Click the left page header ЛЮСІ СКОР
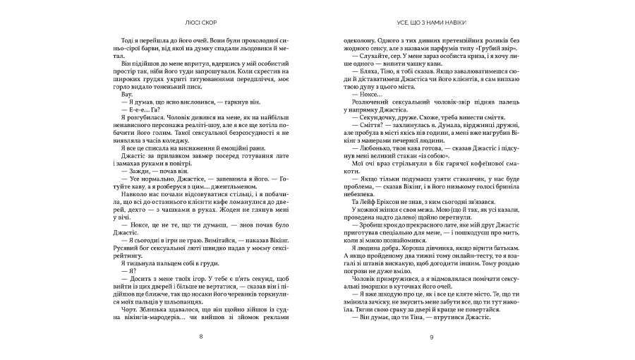[x=201, y=23]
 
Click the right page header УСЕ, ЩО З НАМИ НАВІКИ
[x=433, y=23]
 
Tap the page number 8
[x=201, y=337]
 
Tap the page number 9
[x=433, y=337]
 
